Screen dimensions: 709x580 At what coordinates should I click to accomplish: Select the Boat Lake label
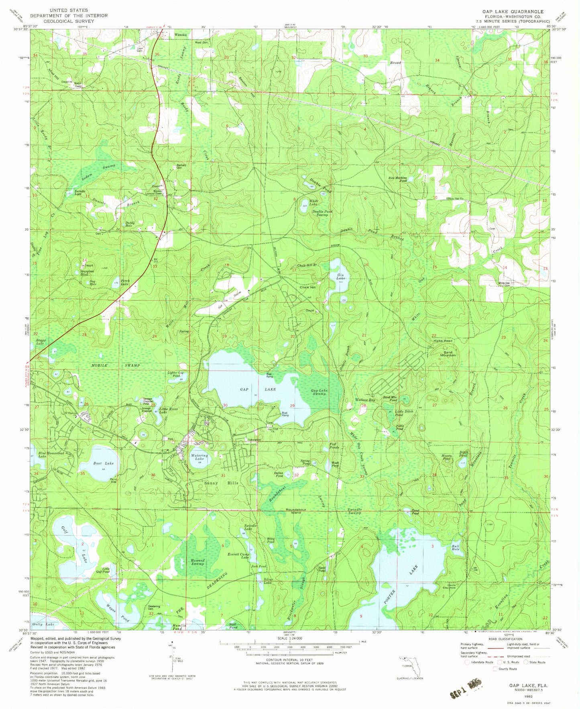click(104, 463)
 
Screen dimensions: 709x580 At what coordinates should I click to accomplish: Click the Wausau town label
click(180, 35)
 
